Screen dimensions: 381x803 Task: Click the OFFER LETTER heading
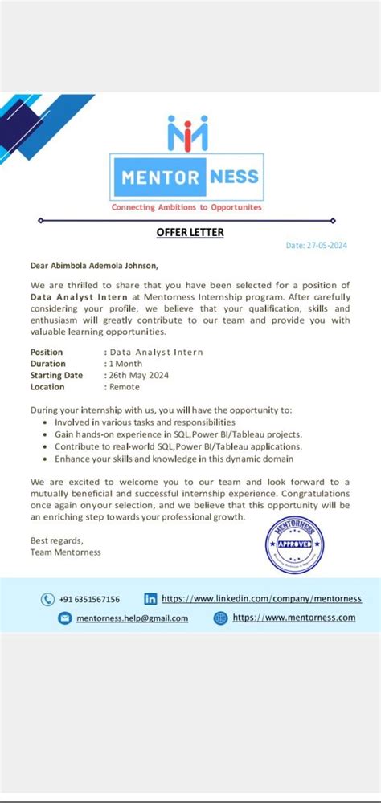click(x=190, y=233)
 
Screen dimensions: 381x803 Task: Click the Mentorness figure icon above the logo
click(x=187, y=132)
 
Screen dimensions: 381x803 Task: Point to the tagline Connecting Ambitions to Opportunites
click(x=186, y=206)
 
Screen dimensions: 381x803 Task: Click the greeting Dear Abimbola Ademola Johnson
click(x=94, y=265)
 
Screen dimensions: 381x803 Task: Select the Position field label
click(x=47, y=352)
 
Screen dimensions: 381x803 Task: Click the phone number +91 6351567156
click(x=90, y=599)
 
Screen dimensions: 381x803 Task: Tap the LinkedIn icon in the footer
click(x=150, y=599)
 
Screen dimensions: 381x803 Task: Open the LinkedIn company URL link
click(x=261, y=599)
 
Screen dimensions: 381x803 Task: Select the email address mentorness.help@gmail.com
click(x=133, y=618)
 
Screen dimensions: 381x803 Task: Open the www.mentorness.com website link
click(x=293, y=618)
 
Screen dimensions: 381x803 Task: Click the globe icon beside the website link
click(x=221, y=618)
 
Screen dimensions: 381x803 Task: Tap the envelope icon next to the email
click(x=64, y=618)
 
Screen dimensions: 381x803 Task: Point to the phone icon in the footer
click(x=47, y=599)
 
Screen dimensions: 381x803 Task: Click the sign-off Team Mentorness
click(x=66, y=552)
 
